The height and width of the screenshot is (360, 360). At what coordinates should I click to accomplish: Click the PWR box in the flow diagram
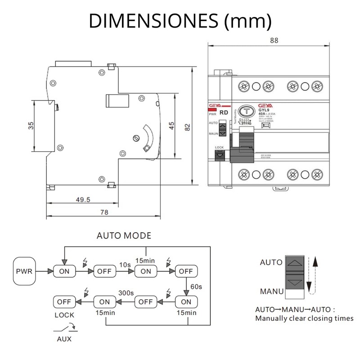(24, 271)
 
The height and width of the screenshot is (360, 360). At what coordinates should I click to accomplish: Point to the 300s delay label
(126, 293)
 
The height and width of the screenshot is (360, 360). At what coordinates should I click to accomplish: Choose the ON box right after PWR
(64, 271)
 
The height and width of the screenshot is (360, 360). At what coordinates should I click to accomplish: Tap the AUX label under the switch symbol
(63, 339)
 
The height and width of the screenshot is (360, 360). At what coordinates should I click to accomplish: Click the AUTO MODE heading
(124, 236)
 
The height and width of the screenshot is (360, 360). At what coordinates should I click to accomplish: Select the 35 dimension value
(31, 126)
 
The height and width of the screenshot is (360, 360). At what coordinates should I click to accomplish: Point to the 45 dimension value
(171, 126)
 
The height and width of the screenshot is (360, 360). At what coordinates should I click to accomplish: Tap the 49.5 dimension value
(83, 199)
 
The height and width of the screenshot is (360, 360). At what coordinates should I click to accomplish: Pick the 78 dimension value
(103, 213)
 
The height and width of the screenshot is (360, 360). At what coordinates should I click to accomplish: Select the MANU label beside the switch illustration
(272, 291)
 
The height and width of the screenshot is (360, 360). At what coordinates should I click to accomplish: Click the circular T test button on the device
(245, 112)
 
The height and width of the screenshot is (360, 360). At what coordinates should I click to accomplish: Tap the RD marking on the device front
(223, 114)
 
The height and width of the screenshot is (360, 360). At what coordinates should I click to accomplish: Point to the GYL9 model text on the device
(264, 110)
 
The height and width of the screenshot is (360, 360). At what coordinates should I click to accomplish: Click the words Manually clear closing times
(304, 318)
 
